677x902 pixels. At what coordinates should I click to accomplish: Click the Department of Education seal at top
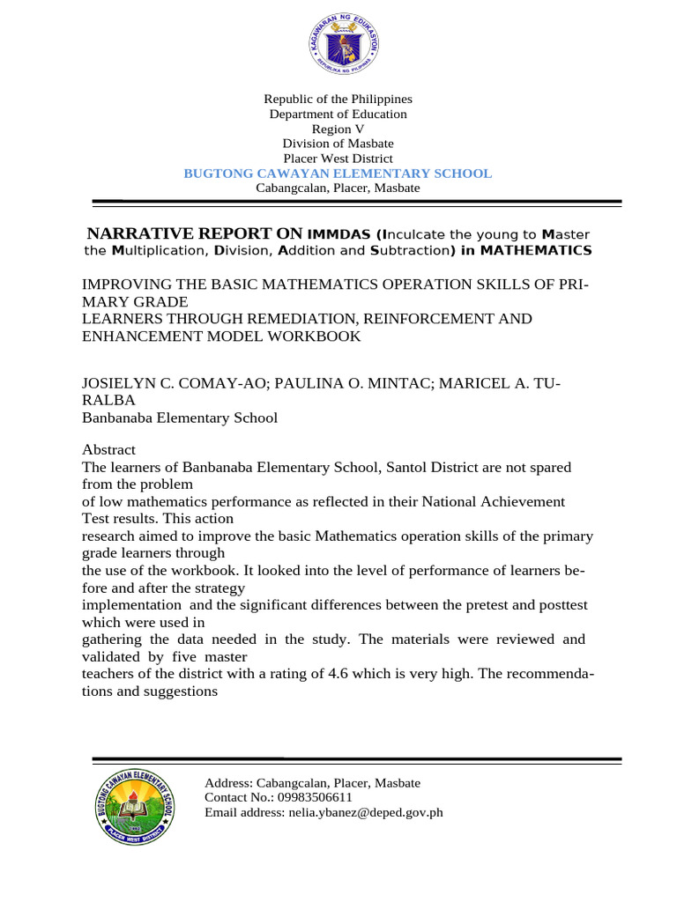coord(343,43)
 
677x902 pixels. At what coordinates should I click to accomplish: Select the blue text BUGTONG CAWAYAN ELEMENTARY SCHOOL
coord(338,174)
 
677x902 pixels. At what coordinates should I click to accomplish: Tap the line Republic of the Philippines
coord(338,100)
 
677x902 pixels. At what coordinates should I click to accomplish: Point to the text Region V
coord(338,129)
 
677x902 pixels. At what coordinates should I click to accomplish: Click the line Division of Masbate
coord(338,144)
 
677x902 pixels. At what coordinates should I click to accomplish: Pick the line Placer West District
coord(338,159)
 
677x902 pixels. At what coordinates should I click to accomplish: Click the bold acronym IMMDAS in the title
coord(338,234)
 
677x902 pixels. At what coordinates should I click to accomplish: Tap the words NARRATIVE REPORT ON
coord(194,233)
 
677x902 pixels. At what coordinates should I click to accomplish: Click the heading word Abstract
coord(110,448)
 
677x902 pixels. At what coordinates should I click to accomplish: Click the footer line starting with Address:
coord(312,782)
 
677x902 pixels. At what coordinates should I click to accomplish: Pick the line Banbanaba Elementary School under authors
coord(180,418)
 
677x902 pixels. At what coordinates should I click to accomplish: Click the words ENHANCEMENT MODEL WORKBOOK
coord(221,336)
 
